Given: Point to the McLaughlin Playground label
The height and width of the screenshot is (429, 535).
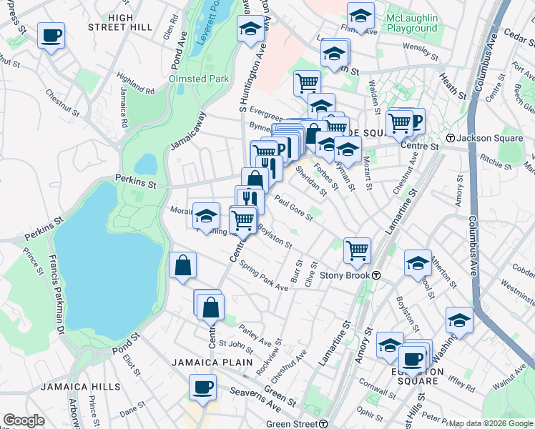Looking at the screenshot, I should click(411, 22).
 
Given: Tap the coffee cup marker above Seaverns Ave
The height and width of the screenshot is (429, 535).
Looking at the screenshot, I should click(202, 388).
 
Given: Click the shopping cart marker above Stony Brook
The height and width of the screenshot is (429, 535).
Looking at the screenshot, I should click(357, 250).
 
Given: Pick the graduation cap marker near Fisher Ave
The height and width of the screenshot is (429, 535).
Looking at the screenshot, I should click(360, 16).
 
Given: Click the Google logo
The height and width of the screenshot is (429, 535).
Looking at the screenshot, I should click(24, 420).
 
